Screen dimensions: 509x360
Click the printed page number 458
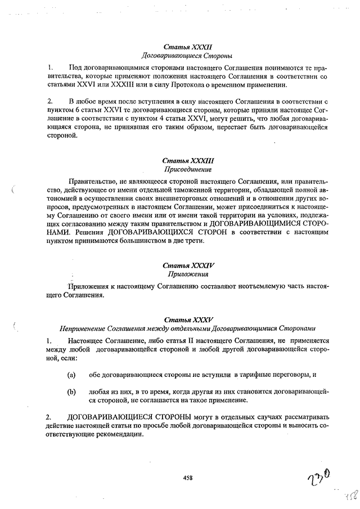(188, 478)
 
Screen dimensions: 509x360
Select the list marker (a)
(71, 374)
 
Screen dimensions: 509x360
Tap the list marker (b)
(71, 391)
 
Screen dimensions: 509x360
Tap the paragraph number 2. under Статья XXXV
(49, 417)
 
